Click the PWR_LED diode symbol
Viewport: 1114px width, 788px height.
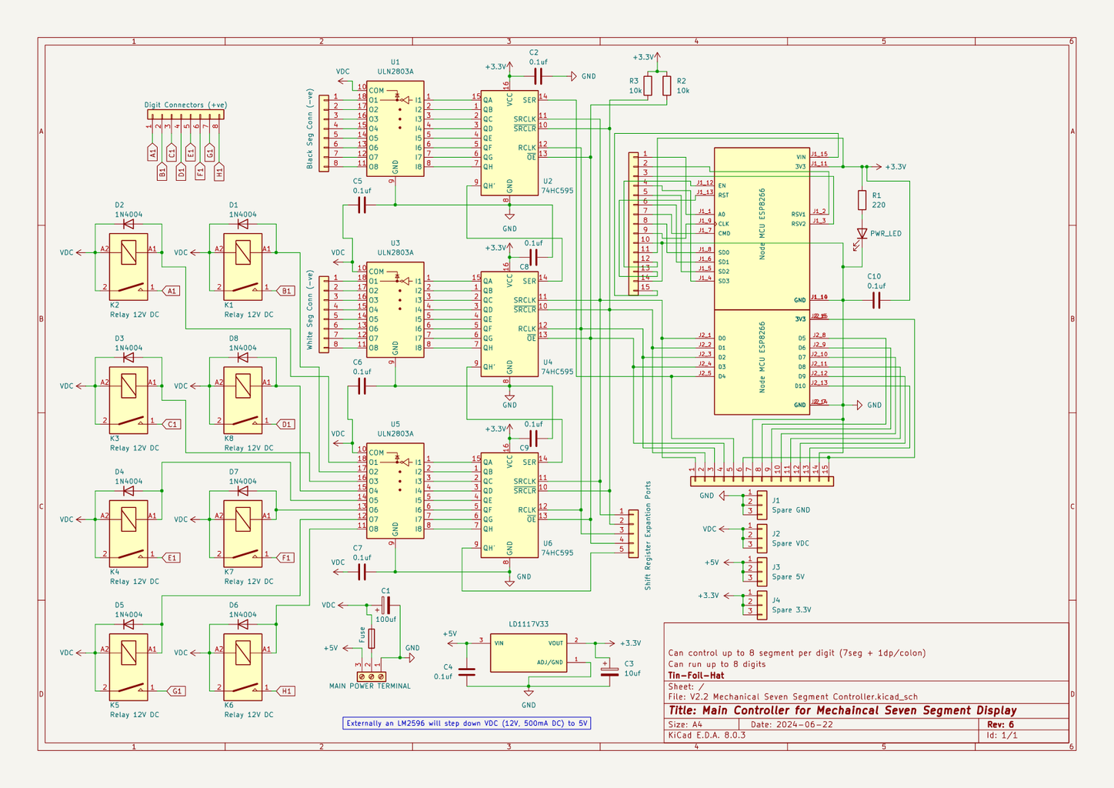point(862,233)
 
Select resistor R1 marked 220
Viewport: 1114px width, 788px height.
point(862,200)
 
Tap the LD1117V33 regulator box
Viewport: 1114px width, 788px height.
point(529,653)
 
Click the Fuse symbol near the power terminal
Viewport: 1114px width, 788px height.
point(372,638)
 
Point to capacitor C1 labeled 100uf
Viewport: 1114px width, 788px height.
point(385,605)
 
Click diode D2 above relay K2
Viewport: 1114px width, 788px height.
point(128,225)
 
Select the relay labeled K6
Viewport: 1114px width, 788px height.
point(242,666)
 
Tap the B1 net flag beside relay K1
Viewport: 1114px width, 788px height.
point(286,291)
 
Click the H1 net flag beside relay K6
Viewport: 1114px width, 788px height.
point(286,691)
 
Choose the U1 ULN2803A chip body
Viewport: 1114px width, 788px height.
point(395,129)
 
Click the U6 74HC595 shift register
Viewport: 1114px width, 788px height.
point(509,505)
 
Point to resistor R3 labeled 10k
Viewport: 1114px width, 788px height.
point(648,85)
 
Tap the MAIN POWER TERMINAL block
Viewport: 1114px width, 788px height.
point(371,676)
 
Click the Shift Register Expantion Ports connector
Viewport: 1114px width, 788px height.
point(632,533)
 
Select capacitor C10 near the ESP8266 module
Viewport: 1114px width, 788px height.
point(876,301)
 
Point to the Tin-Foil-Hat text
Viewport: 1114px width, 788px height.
point(695,676)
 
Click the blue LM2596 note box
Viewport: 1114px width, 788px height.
point(466,723)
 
